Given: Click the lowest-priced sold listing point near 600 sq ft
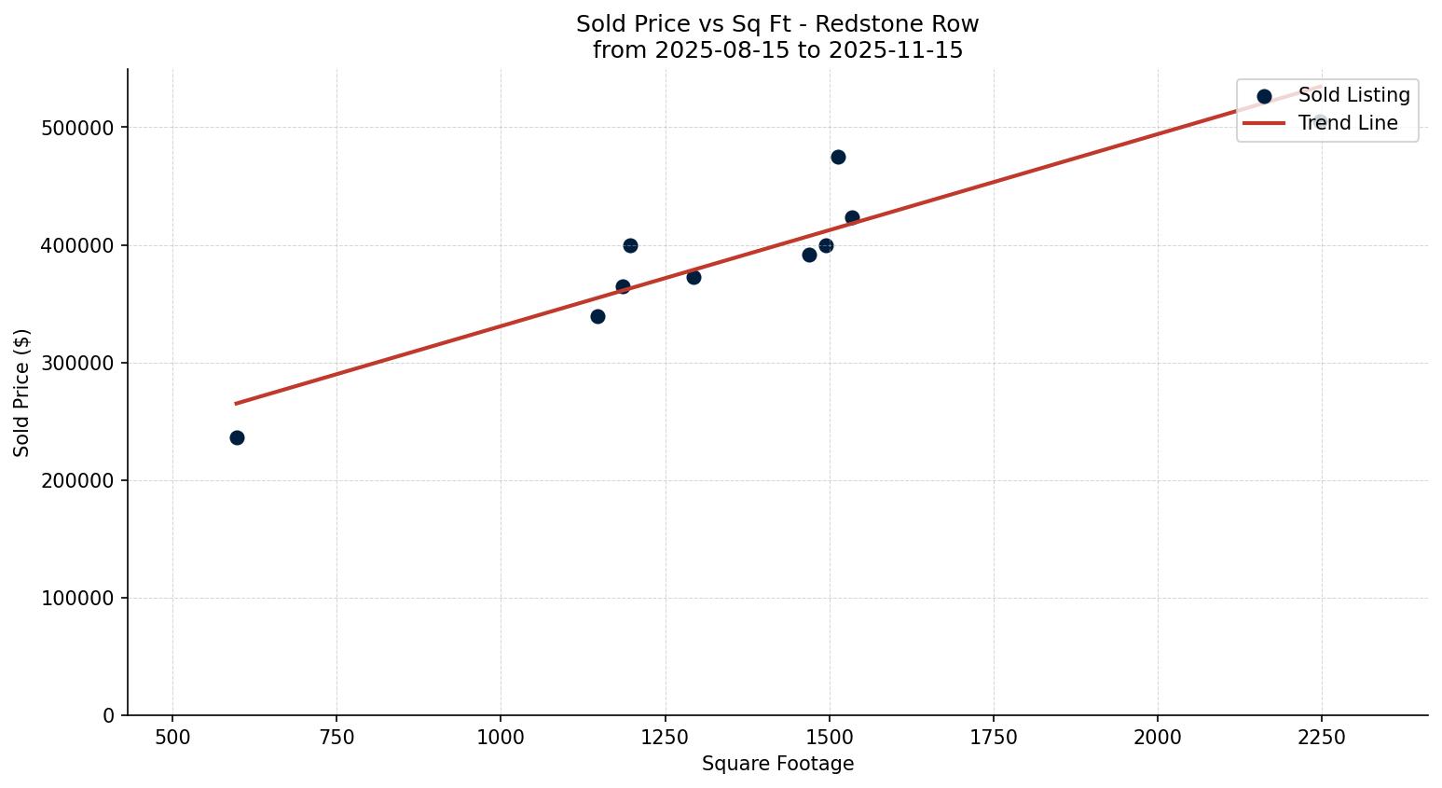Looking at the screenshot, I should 237,437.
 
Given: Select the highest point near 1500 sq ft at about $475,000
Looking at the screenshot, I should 838,157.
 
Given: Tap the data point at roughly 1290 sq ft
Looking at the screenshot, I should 694,277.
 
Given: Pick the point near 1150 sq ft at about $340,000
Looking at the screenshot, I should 597,316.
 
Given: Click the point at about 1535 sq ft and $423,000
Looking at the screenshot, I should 852,217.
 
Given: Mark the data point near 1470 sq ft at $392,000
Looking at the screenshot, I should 809,255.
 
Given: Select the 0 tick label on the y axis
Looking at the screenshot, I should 109,715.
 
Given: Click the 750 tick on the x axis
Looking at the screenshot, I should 336,737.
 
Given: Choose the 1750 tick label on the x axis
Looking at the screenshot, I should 993,737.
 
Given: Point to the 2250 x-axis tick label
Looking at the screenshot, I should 1321,737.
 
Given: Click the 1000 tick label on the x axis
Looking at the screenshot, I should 501,737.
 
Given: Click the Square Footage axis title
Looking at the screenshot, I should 777,764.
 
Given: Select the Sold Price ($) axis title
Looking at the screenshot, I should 22,393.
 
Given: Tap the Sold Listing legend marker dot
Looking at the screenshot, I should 1264,96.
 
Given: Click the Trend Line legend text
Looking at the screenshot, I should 1348,123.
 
